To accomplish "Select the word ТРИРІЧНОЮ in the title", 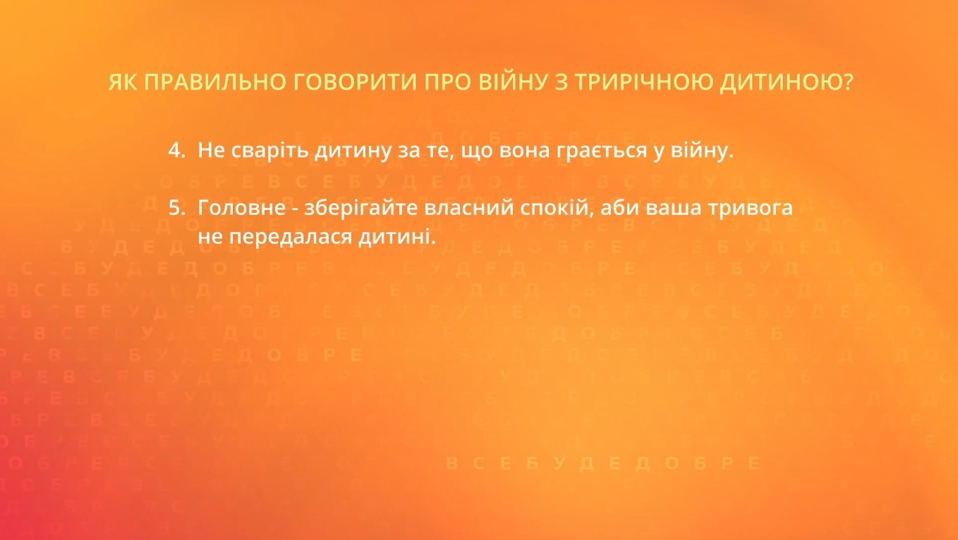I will coord(640,83).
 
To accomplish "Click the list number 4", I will coord(175,150).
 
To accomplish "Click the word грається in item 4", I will coord(603,151).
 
